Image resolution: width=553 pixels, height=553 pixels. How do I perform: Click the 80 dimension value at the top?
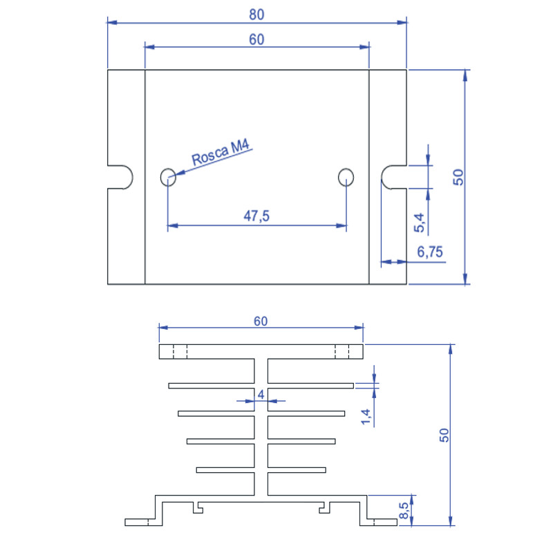[256, 15]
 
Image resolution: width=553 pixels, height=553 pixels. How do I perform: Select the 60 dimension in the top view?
[256, 39]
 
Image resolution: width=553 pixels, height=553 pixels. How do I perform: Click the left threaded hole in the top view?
[168, 177]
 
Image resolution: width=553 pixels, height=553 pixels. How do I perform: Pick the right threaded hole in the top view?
[346, 177]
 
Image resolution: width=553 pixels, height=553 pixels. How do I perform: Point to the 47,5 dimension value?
[256, 216]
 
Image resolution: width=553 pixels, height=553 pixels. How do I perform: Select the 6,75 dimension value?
[430, 252]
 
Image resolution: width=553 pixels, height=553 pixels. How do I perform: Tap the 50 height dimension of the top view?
[458, 177]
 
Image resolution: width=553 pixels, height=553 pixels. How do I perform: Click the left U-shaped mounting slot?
[122, 177]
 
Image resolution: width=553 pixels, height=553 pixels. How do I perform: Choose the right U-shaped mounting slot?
[394, 177]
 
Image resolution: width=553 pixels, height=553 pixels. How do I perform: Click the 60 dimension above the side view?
[261, 321]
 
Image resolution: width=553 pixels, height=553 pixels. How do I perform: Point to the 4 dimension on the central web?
[261, 394]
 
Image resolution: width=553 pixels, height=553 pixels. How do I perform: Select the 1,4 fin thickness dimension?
[367, 416]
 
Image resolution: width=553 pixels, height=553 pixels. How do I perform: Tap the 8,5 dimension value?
[404, 511]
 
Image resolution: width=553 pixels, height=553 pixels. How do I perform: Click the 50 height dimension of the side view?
[444, 435]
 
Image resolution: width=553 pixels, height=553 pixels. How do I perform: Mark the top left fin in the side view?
[211, 384]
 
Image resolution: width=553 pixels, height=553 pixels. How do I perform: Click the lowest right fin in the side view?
[296, 470]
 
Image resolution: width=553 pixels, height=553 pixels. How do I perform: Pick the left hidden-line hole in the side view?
[180, 352]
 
